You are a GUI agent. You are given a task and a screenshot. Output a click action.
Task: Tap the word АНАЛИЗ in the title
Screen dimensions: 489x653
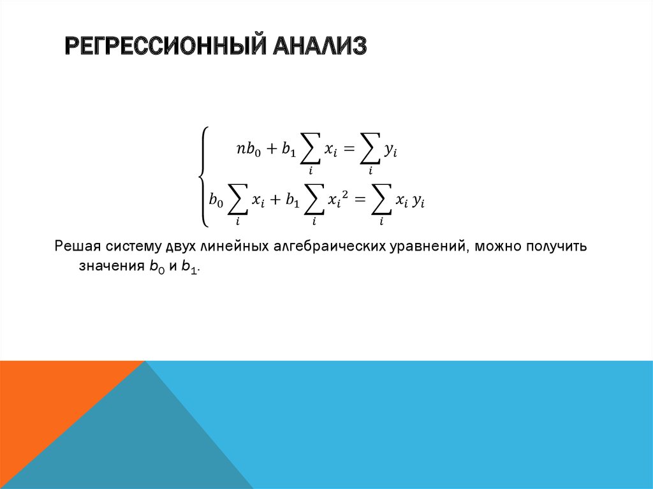click(319, 47)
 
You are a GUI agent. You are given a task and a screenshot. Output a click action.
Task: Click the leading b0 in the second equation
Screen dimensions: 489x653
click(217, 201)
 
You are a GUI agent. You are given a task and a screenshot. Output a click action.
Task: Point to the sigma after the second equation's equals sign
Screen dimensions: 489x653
click(381, 201)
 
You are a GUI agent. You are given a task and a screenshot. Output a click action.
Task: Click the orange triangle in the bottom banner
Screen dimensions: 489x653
click(45, 408)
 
